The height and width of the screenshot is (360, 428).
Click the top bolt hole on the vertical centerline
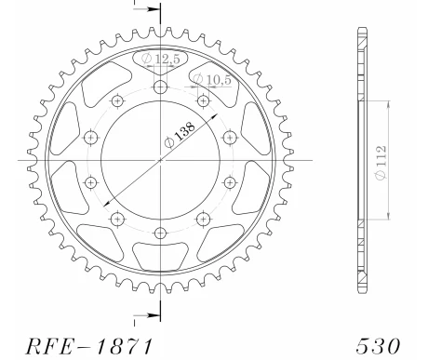point(161,87)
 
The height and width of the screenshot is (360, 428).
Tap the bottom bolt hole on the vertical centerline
point(161,232)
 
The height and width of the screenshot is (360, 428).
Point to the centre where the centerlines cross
point(161,159)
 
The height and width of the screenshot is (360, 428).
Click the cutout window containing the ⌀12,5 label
point(161,63)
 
